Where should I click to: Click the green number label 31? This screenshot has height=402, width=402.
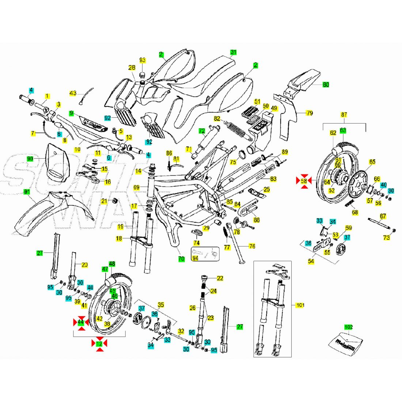(x=234, y=52)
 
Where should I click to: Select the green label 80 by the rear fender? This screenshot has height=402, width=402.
(x=326, y=85)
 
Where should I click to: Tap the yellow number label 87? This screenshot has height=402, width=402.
(x=344, y=115)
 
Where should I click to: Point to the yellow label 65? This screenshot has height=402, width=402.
(x=372, y=162)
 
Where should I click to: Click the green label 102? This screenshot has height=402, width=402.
(x=349, y=327)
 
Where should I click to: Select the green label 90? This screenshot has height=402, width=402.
(x=30, y=159)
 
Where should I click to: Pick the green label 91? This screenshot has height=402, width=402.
(x=27, y=192)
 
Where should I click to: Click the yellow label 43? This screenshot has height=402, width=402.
(x=73, y=93)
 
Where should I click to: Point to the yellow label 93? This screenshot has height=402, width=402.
(x=143, y=60)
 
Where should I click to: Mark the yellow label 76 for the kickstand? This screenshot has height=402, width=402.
(x=252, y=246)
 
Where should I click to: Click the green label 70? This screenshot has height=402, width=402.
(x=181, y=259)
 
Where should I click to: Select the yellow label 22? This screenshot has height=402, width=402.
(x=220, y=278)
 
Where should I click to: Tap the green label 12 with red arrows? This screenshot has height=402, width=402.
(x=99, y=344)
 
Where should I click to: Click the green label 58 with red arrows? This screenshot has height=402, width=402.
(x=304, y=181)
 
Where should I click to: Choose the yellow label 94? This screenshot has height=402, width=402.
(x=196, y=258)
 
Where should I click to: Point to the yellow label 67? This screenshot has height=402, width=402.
(x=383, y=216)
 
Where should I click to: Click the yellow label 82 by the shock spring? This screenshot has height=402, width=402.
(x=217, y=119)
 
